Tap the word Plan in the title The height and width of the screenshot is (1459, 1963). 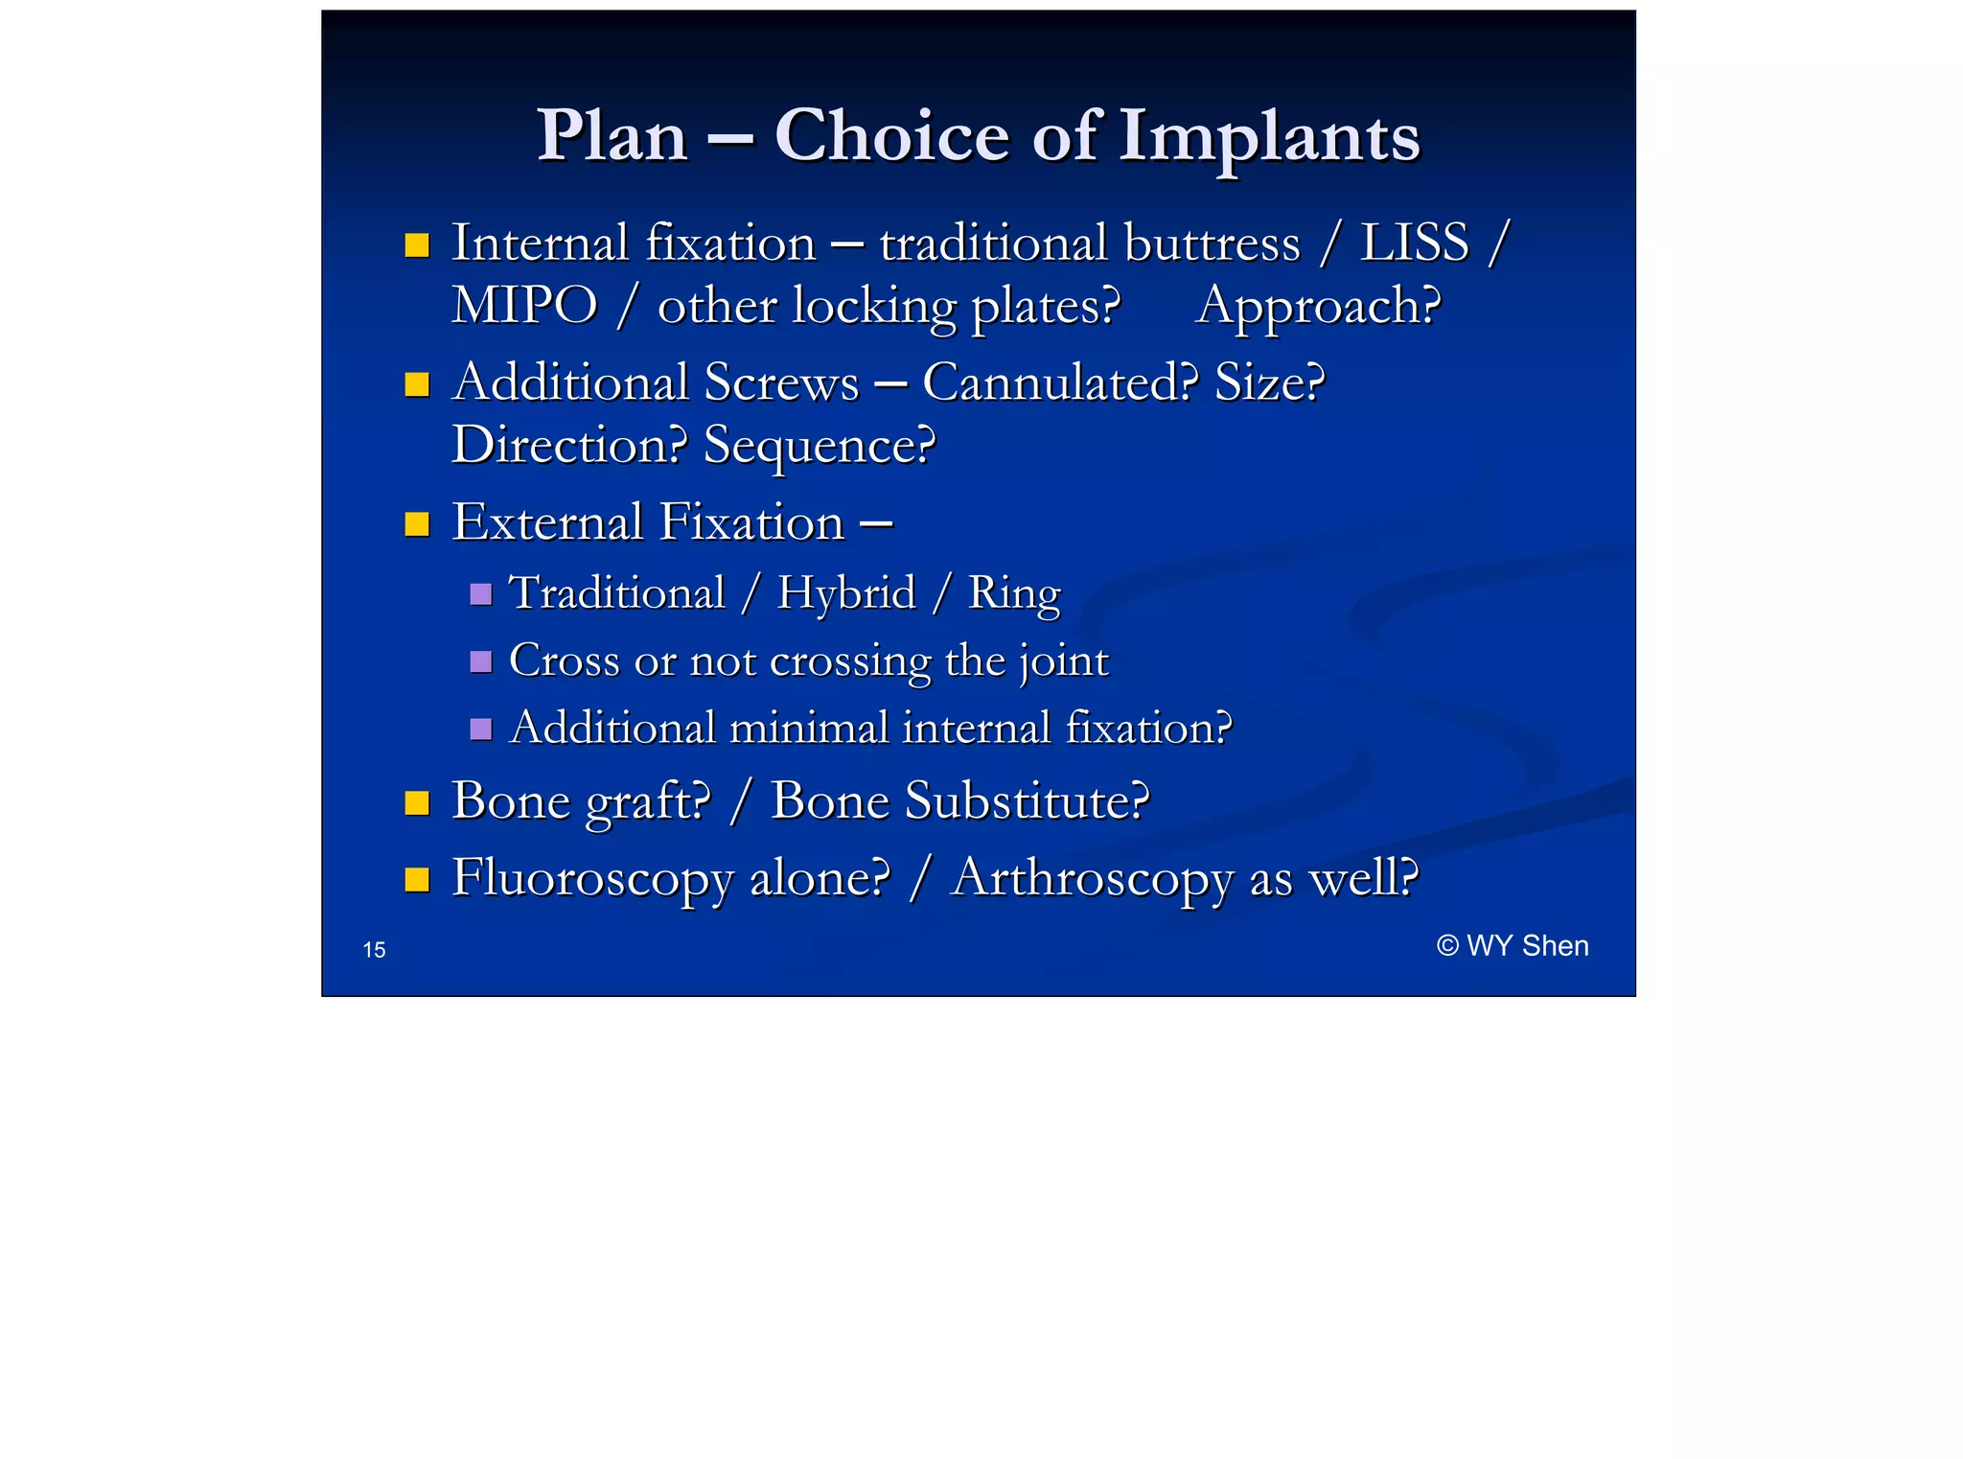click(x=612, y=137)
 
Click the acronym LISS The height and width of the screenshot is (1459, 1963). click(x=1414, y=243)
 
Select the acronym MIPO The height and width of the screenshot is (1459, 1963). click(x=524, y=307)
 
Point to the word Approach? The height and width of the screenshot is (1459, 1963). click(x=1318, y=307)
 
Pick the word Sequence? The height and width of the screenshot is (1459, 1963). click(x=819, y=446)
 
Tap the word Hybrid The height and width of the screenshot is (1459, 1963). click(x=845, y=592)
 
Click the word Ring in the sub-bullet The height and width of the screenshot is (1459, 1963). click(x=1014, y=592)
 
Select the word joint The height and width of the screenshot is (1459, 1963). click(x=1064, y=661)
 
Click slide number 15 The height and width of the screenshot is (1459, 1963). click(x=374, y=950)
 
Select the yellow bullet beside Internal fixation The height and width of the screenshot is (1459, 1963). click(x=417, y=245)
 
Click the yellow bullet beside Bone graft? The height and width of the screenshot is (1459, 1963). click(x=417, y=802)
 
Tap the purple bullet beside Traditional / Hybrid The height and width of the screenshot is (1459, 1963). click(x=481, y=594)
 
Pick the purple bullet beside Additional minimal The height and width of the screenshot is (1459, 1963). click(x=481, y=729)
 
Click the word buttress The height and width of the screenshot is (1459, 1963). click(x=1212, y=243)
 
